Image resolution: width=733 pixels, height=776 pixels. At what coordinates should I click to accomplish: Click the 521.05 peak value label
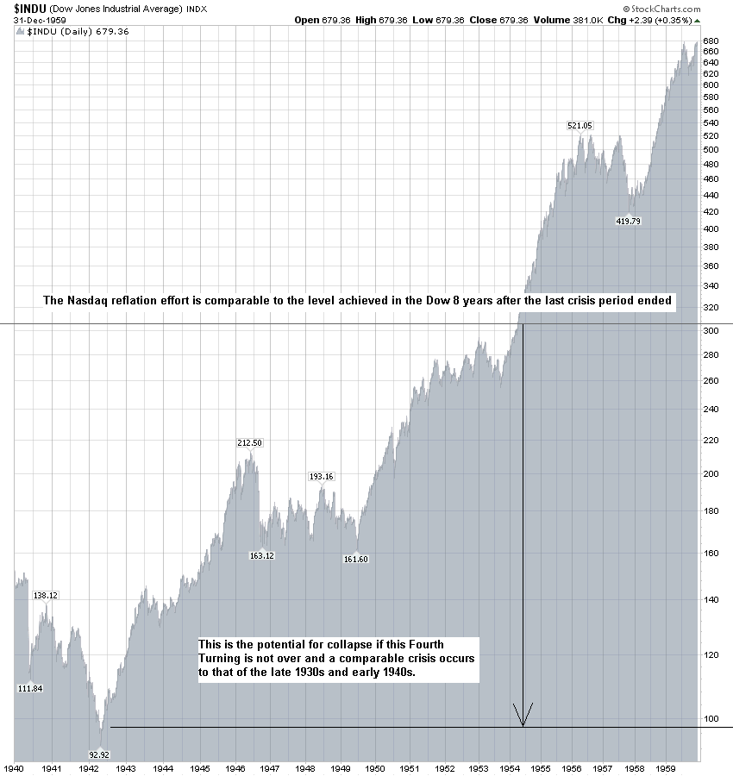coord(580,126)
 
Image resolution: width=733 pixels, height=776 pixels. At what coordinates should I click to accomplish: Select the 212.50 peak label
coord(249,443)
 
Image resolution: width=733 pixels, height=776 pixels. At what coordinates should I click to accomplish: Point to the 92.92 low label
coord(101,753)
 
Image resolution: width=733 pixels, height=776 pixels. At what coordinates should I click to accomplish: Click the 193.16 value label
coord(321,477)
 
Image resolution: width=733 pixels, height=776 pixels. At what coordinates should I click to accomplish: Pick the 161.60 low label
coord(356,560)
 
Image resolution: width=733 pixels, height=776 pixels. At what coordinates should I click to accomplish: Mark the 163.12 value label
coord(261,556)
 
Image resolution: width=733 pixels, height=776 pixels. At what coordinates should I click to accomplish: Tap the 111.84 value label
coord(29,688)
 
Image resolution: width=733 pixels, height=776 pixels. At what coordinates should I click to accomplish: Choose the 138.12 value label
coord(45,595)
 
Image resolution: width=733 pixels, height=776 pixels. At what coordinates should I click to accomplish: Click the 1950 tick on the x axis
coord(375,767)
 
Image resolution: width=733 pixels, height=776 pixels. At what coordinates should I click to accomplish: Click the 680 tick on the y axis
coord(711,41)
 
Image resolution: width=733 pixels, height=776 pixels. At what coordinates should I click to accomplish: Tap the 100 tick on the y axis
coord(711,718)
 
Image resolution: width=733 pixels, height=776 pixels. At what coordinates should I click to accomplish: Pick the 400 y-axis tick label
coord(711,229)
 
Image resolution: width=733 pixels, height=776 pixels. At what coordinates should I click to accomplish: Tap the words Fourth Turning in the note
coord(435,645)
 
